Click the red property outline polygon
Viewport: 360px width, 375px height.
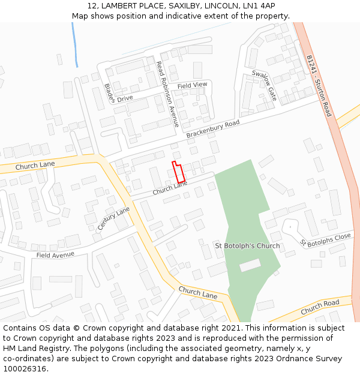tap(178, 172)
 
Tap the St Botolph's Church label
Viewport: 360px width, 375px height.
tap(247, 246)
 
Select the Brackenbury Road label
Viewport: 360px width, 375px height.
tap(212, 129)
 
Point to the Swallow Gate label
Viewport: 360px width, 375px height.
tap(264, 85)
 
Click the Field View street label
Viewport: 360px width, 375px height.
tap(192, 85)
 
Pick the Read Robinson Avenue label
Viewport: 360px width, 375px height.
tap(167, 94)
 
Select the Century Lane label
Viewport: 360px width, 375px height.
tap(113, 219)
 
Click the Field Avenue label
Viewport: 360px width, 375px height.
tap(55, 254)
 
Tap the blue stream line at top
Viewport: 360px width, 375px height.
tap(75, 45)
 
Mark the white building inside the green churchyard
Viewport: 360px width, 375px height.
tap(250, 265)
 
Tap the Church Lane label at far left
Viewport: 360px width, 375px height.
tap(35, 165)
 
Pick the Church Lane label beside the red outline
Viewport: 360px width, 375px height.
tap(170, 188)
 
